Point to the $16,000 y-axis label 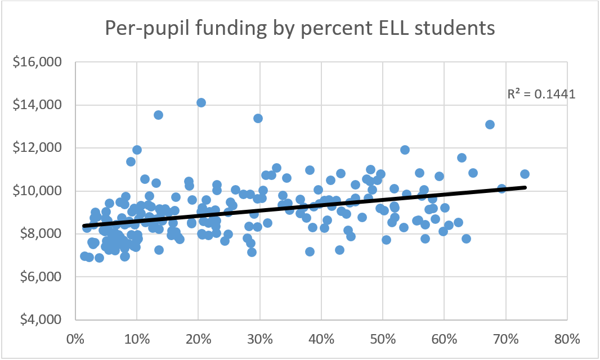[x=38, y=62]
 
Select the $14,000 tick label [x=38, y=105]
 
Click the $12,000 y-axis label [x=38, y=148]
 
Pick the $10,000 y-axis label [x=38, y=191]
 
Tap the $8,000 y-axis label [x=41, y=234]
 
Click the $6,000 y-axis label [x=41, y=277]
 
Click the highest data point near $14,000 [x=201, y=102]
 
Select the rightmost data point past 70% [x=525, y=174]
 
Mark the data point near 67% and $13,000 [x=490, y=124]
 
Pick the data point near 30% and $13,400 [x=258, y=118]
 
